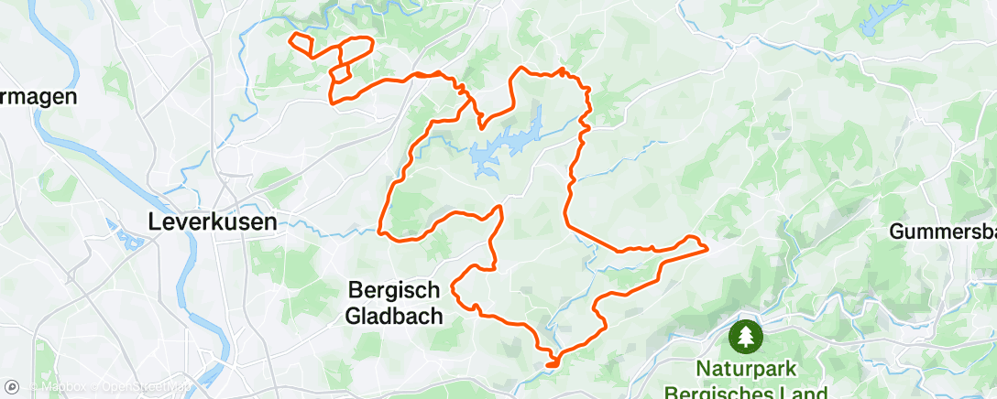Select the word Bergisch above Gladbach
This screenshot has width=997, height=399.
pos(396,291)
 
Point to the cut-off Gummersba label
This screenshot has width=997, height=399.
pos(943,232)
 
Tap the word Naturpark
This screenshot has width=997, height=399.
pos(748,371)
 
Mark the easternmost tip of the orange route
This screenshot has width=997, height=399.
pos(707,246)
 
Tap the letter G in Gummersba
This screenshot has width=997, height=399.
pos(898,232)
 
